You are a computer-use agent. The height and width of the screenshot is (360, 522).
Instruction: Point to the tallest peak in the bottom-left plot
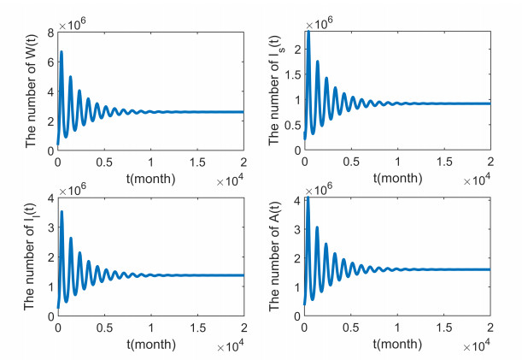point(62,211)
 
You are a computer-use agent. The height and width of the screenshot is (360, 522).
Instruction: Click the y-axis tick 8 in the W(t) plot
point(50,32)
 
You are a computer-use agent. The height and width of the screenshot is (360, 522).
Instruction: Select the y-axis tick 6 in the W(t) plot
point(50,62)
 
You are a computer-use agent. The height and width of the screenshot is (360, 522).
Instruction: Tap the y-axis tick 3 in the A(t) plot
point(296,229)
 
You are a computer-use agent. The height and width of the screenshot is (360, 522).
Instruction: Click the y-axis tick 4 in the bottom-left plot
point(50,198)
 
